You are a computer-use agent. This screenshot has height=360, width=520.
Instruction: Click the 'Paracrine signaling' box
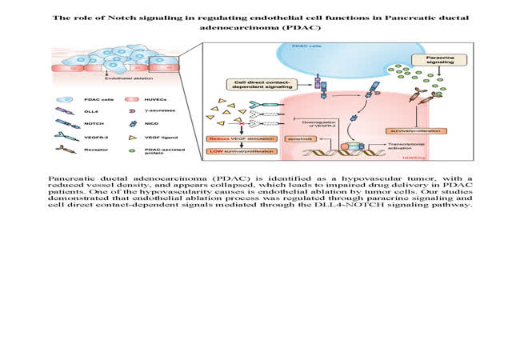pyautogui.click(x=434, y=62)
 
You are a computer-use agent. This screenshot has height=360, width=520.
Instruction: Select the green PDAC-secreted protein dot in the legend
pyautogui.click(x=132, y=150)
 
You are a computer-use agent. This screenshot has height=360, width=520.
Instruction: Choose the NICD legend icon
pyautogui.click(x=132, y=123)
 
